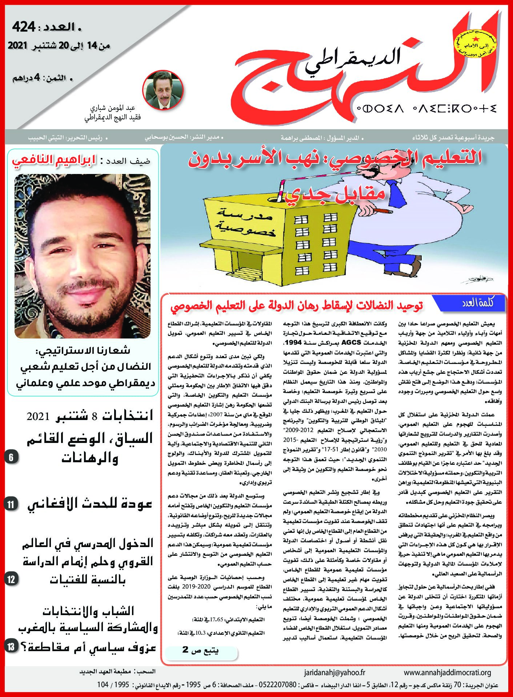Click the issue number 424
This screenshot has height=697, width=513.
24,27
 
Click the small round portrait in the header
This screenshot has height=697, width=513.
163,90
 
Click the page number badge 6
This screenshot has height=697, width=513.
11,457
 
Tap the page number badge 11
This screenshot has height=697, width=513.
11,504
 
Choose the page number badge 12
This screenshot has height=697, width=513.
11,579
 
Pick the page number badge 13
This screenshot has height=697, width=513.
11,646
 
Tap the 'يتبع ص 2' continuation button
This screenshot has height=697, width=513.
201,650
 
